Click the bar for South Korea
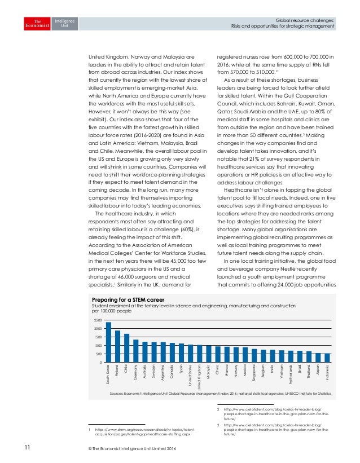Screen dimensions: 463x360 108,342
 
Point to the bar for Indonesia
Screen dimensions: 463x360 327,358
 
